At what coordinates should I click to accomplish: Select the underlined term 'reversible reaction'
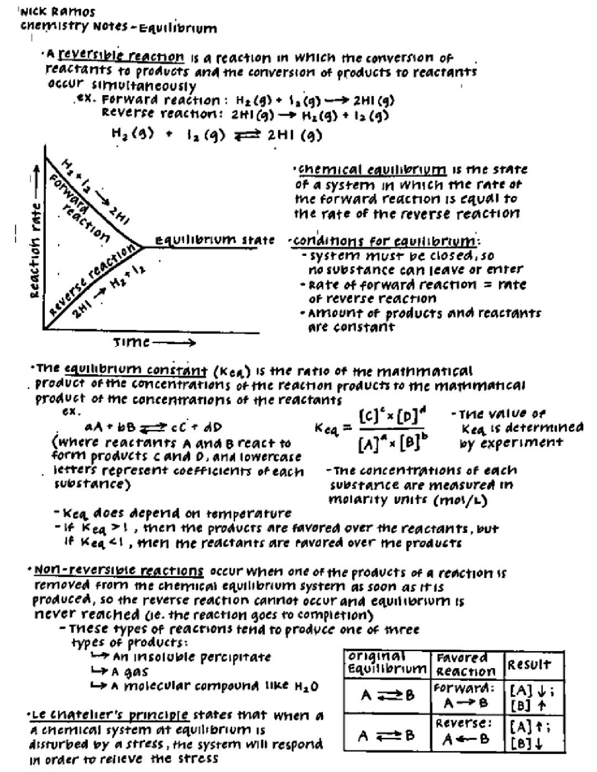tap(121, 56)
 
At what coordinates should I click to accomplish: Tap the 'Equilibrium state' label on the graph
tap(214, 240)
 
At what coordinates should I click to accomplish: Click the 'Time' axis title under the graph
tap(132, 343)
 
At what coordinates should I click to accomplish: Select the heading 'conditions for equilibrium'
tap(385, 241)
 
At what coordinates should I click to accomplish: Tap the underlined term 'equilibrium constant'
tap(135, 370)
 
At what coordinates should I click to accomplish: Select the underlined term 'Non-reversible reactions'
tap(119, 570)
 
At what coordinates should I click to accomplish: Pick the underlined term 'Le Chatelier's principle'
tap(109, 715)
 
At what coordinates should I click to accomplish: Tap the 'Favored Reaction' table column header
tap(465, 664)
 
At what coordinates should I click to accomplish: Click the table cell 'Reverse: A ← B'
tap(465, 731)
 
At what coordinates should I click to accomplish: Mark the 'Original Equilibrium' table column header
tap(386, 663)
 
